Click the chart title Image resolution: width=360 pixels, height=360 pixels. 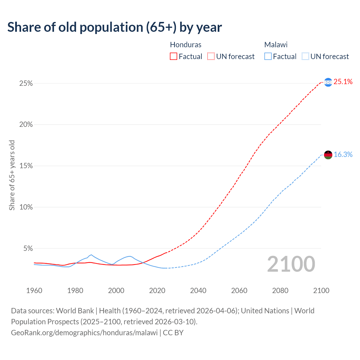coord(114,27)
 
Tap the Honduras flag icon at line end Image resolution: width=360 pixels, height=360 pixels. coord(328,82)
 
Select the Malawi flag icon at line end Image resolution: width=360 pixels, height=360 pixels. coord(328,155)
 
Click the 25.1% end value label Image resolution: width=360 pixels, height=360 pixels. coord(343,82)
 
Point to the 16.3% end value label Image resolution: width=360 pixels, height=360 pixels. coord(343,154)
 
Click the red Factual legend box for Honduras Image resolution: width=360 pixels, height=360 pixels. coord(174,57)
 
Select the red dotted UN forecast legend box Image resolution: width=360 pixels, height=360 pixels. coord(211,57)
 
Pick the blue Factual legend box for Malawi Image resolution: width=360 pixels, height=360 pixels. coord(268,57)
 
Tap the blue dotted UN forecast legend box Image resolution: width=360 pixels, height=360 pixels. coord(305,57)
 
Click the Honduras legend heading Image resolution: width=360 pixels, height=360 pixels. coord(186,45)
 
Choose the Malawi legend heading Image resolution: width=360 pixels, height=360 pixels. coord(276,45)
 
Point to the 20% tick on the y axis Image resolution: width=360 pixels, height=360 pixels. coord(26,125)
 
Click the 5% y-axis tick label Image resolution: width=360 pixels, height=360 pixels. coord(28,249)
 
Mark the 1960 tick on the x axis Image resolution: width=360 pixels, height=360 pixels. coord(34,291)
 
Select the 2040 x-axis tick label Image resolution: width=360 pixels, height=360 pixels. coord(198,291)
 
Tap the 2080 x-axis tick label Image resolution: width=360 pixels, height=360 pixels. coord(280,291)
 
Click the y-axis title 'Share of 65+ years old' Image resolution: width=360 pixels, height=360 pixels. coord(12,175)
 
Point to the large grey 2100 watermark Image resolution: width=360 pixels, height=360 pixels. coord(291,264)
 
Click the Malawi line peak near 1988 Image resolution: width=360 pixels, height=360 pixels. coord(91,255)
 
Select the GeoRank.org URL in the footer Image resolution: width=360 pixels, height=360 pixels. coord(84,333)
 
